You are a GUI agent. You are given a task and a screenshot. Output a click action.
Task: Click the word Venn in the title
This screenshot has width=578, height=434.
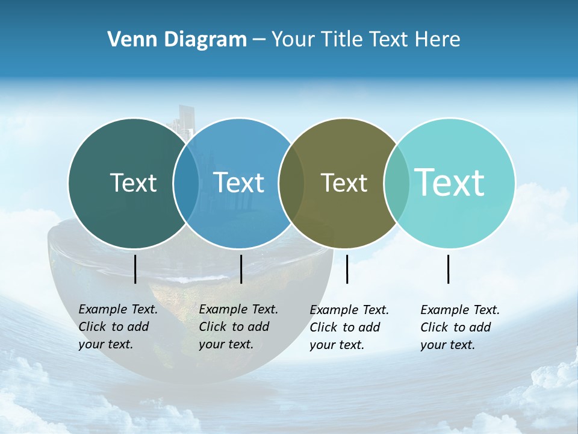[128, 40]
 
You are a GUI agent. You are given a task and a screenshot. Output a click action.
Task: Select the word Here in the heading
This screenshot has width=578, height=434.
[437, 40]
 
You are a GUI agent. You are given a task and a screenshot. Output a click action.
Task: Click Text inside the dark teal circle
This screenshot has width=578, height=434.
[133, 183]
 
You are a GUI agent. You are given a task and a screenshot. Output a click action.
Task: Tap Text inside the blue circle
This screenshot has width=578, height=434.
[239, 183]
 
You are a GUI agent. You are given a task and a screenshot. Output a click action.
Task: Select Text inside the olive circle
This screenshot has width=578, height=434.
[344, 183]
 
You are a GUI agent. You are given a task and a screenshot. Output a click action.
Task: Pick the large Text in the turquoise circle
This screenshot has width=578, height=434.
[450, 182]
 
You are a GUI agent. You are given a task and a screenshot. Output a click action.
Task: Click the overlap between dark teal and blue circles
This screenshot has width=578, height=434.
[186, 183]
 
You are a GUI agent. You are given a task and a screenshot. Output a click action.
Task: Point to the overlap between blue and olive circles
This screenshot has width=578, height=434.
[291, 183]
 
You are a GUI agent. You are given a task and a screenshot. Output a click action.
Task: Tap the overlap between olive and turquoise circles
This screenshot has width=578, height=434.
[397, 183]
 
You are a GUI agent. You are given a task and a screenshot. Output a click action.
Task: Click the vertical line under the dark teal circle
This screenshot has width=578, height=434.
[135, 269]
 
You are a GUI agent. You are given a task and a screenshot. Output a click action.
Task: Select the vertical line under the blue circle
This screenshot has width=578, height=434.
[241, 269]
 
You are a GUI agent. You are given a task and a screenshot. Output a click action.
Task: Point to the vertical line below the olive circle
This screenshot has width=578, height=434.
[347, 269]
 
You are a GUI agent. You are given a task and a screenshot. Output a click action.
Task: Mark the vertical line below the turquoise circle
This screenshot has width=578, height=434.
[448, 269]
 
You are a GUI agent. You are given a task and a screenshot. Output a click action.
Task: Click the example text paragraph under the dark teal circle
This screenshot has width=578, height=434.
[117, 327]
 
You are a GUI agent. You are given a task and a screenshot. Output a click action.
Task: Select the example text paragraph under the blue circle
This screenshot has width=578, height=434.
[238, 327]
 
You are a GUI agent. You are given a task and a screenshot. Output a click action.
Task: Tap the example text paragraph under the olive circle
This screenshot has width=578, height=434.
[349, 327]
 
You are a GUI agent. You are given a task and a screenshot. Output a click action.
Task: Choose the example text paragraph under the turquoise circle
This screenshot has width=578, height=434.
[459, 327]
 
